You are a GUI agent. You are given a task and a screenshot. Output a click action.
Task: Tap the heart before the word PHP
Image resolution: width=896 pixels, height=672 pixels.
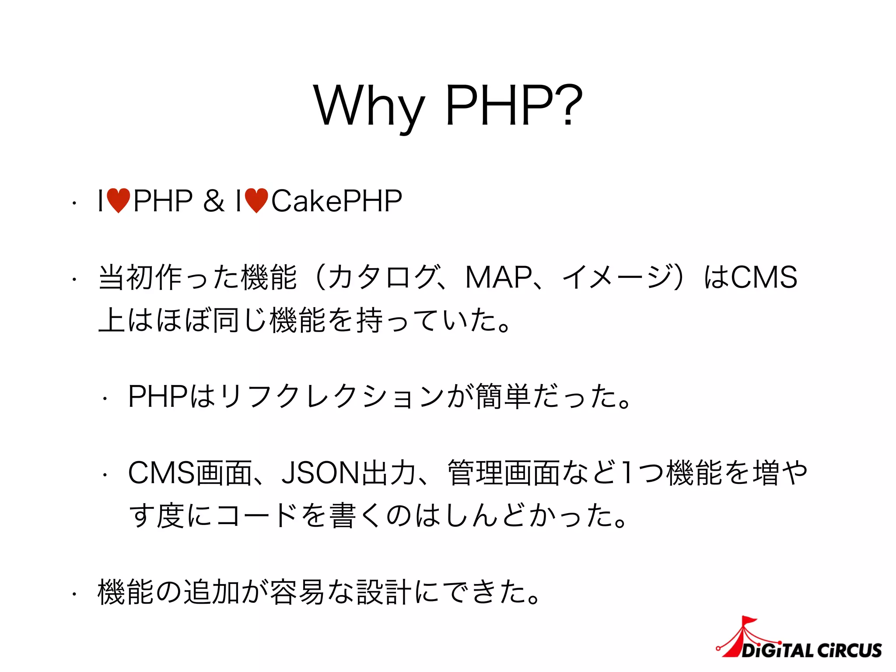tap(119, 201)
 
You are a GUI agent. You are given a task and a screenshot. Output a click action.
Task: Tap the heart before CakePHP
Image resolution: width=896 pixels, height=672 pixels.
tap(256, 201)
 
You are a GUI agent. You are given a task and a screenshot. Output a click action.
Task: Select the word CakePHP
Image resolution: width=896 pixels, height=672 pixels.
tap(336, 201)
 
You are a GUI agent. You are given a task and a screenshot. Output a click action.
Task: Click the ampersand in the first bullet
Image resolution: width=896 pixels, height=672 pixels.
tap(213, 201)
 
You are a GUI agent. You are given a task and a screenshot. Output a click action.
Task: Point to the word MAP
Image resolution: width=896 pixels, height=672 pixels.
tap(498, 277)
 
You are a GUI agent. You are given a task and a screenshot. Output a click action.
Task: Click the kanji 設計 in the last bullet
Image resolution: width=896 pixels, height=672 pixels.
tap(384, 592)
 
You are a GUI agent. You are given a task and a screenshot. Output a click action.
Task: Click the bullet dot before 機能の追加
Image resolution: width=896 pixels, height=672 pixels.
tap(75, 594)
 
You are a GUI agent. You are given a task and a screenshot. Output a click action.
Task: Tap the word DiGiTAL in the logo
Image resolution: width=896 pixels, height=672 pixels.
tap(777, 651)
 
